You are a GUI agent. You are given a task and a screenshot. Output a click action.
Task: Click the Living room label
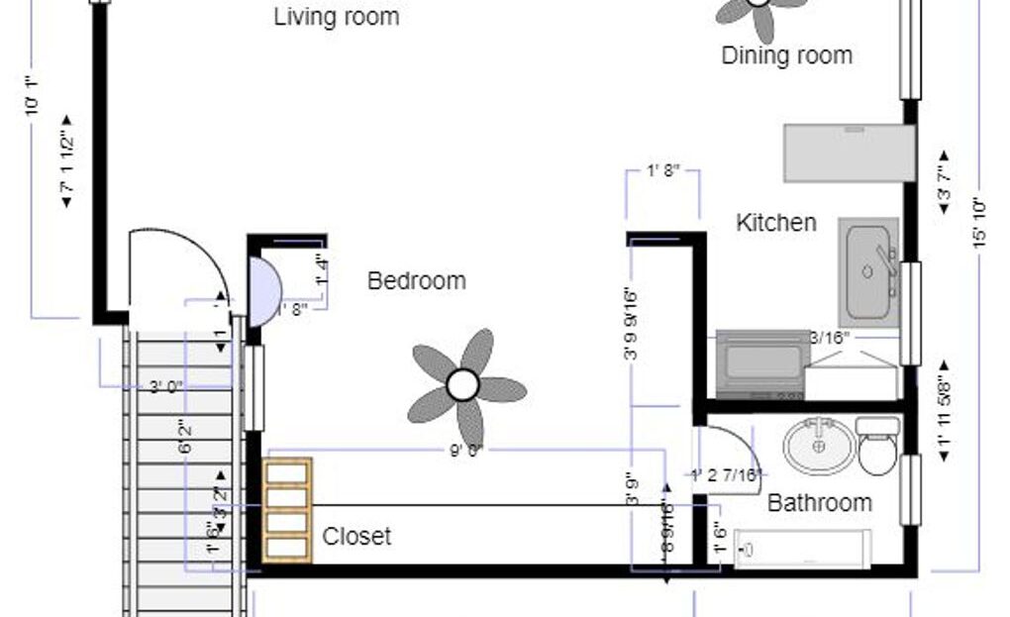[337, 17]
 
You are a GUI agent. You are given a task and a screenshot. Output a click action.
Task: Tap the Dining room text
[786, 55]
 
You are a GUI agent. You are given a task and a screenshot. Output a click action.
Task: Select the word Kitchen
[776, 223]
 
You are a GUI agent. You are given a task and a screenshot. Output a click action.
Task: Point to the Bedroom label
[416, 281]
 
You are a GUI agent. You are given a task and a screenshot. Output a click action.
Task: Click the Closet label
[356, 537]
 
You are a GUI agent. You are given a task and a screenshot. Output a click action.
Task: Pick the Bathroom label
[820, 503]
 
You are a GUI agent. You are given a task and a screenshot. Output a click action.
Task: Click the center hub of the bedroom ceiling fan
[462, 385]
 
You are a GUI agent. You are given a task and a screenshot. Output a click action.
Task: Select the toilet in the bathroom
[877, 446]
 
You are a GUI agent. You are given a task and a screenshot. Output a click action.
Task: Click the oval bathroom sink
[819, 447]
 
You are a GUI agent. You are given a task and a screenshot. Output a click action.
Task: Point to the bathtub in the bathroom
[803, 550]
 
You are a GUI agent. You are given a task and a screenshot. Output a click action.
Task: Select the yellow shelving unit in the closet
[288, 511]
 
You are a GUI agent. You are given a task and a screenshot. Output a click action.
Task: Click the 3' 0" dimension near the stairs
[167, 387]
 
